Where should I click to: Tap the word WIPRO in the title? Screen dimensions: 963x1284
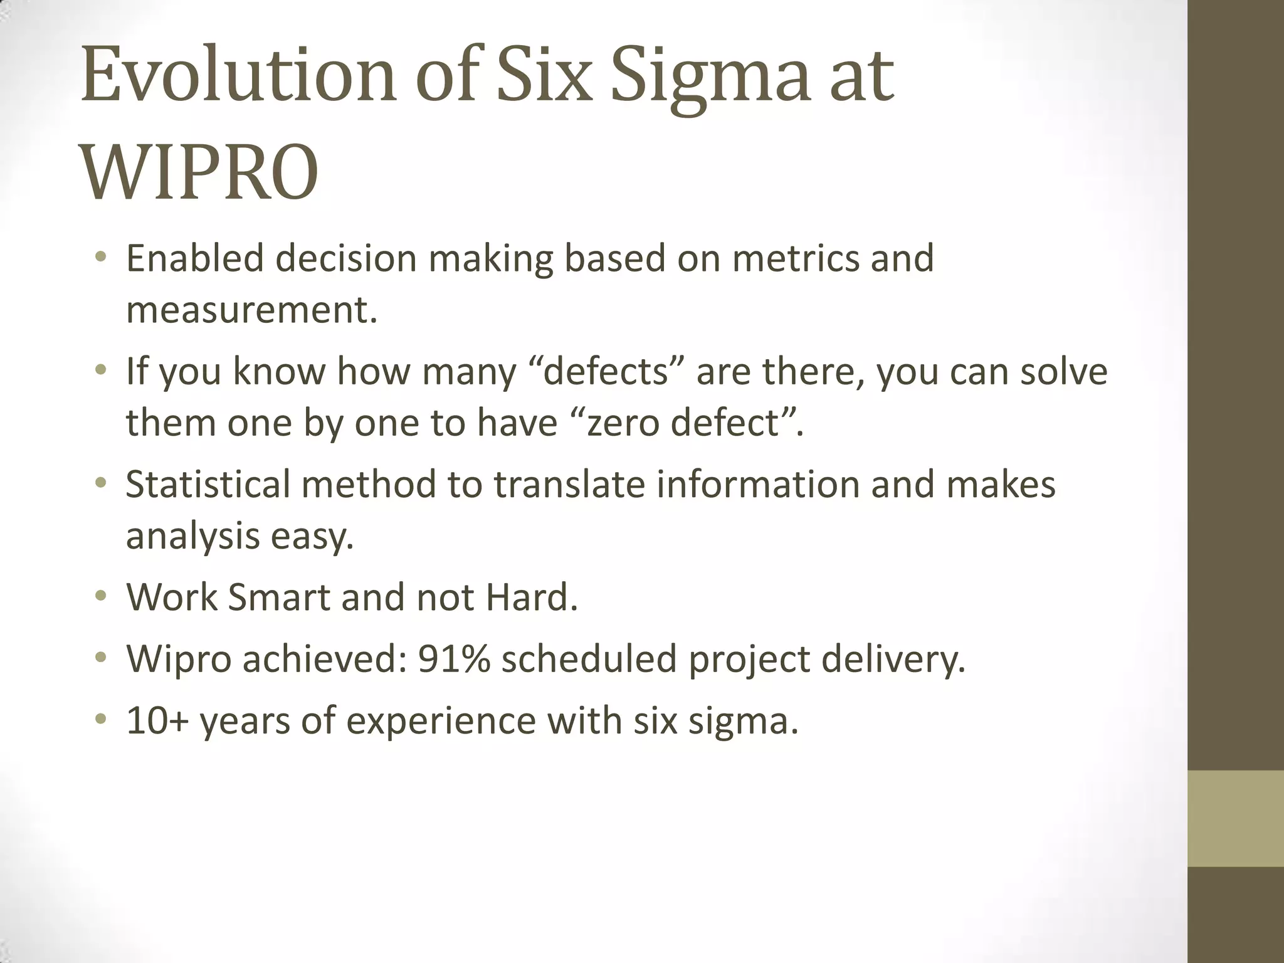199,174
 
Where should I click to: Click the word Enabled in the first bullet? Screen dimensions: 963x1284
194,258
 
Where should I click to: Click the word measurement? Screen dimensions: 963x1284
251,310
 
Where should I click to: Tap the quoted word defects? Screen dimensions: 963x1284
606,371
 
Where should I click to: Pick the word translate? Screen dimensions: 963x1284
569,484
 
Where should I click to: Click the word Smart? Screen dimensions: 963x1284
278,597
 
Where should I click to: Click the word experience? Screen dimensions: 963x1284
441,720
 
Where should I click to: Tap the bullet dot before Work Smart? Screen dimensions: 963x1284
100,597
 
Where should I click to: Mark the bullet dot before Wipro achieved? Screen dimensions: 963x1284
100,659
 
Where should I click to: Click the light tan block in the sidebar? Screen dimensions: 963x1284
1236,818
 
